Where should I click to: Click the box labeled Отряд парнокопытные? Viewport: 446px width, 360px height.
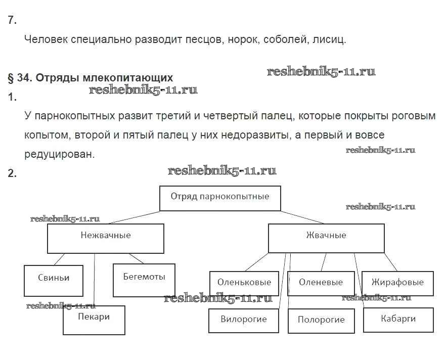[x=220, y=198]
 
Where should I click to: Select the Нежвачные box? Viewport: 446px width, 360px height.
[x=105, y=238]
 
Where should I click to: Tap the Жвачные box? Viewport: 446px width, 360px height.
[x=326, y=238]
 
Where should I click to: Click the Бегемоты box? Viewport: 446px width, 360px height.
[x=144, y=280]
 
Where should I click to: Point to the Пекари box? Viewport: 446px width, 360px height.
[x=94, y=320]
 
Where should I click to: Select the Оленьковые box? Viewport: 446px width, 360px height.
[x=244, y=284]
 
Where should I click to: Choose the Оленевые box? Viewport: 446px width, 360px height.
[x=320, y=283]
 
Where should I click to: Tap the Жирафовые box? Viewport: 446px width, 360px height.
[x=397, y=283]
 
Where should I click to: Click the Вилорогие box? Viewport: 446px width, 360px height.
[x=243, y=321]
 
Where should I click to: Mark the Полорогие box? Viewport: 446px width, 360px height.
[x=321, y=321]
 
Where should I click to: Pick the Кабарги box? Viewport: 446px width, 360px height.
[x=398, y=320]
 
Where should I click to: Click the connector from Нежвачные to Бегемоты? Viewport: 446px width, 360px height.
[x=137, y=258]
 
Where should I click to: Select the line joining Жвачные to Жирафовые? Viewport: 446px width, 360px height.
[x=390, y=262]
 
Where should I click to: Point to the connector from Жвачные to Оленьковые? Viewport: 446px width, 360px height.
[x=256, y=262]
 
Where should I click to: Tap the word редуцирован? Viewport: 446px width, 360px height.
[x=59, y=154]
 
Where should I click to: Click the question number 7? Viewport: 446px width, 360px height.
[x=12, y=20]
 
